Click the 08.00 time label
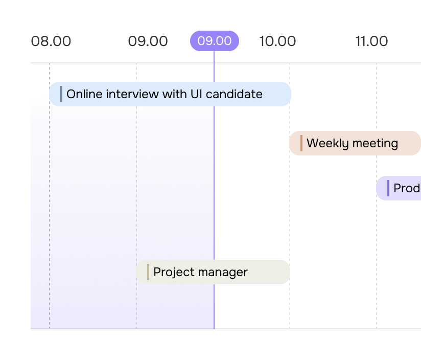coord(51,41)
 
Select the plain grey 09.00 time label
coord(148,41)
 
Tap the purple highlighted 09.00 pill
coord(215,41)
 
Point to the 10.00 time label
coord(277,41)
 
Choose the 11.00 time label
coord(371,41)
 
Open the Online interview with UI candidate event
coord(170,94)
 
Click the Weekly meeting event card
coord(355,143)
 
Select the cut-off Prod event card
coord(399,188)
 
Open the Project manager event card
coord(213,272)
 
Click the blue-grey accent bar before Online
coord(61,94)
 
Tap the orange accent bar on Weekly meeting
coord(301,143)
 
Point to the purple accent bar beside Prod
coord(388,188)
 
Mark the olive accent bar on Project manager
coord(148,272)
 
